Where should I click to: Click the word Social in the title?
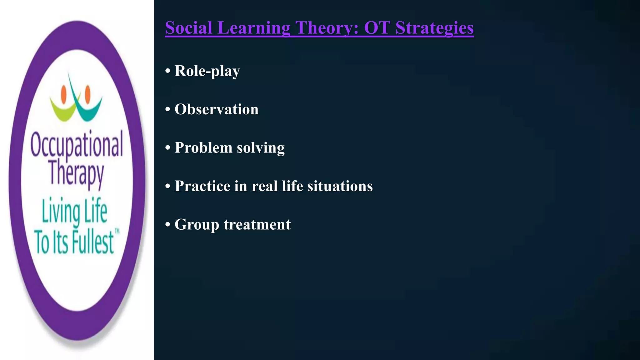[x=189, y=27]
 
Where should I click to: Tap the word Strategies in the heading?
[x=434, y=28]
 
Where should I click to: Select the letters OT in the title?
[x=377, y=27]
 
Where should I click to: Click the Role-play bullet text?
[x=207, y=71]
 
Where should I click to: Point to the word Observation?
[x=216, y=109]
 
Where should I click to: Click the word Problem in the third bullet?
[x=203, y=147]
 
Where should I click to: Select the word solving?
[x=261, y=148]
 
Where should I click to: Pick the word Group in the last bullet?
[x=197, y=225]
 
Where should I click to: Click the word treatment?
[x=257, y=225]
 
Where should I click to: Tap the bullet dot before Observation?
[x=168, y=110]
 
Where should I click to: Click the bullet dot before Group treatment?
[x=168, y=225]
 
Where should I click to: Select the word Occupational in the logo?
[x=77, y=145]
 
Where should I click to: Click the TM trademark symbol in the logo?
[x=117, y=231]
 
